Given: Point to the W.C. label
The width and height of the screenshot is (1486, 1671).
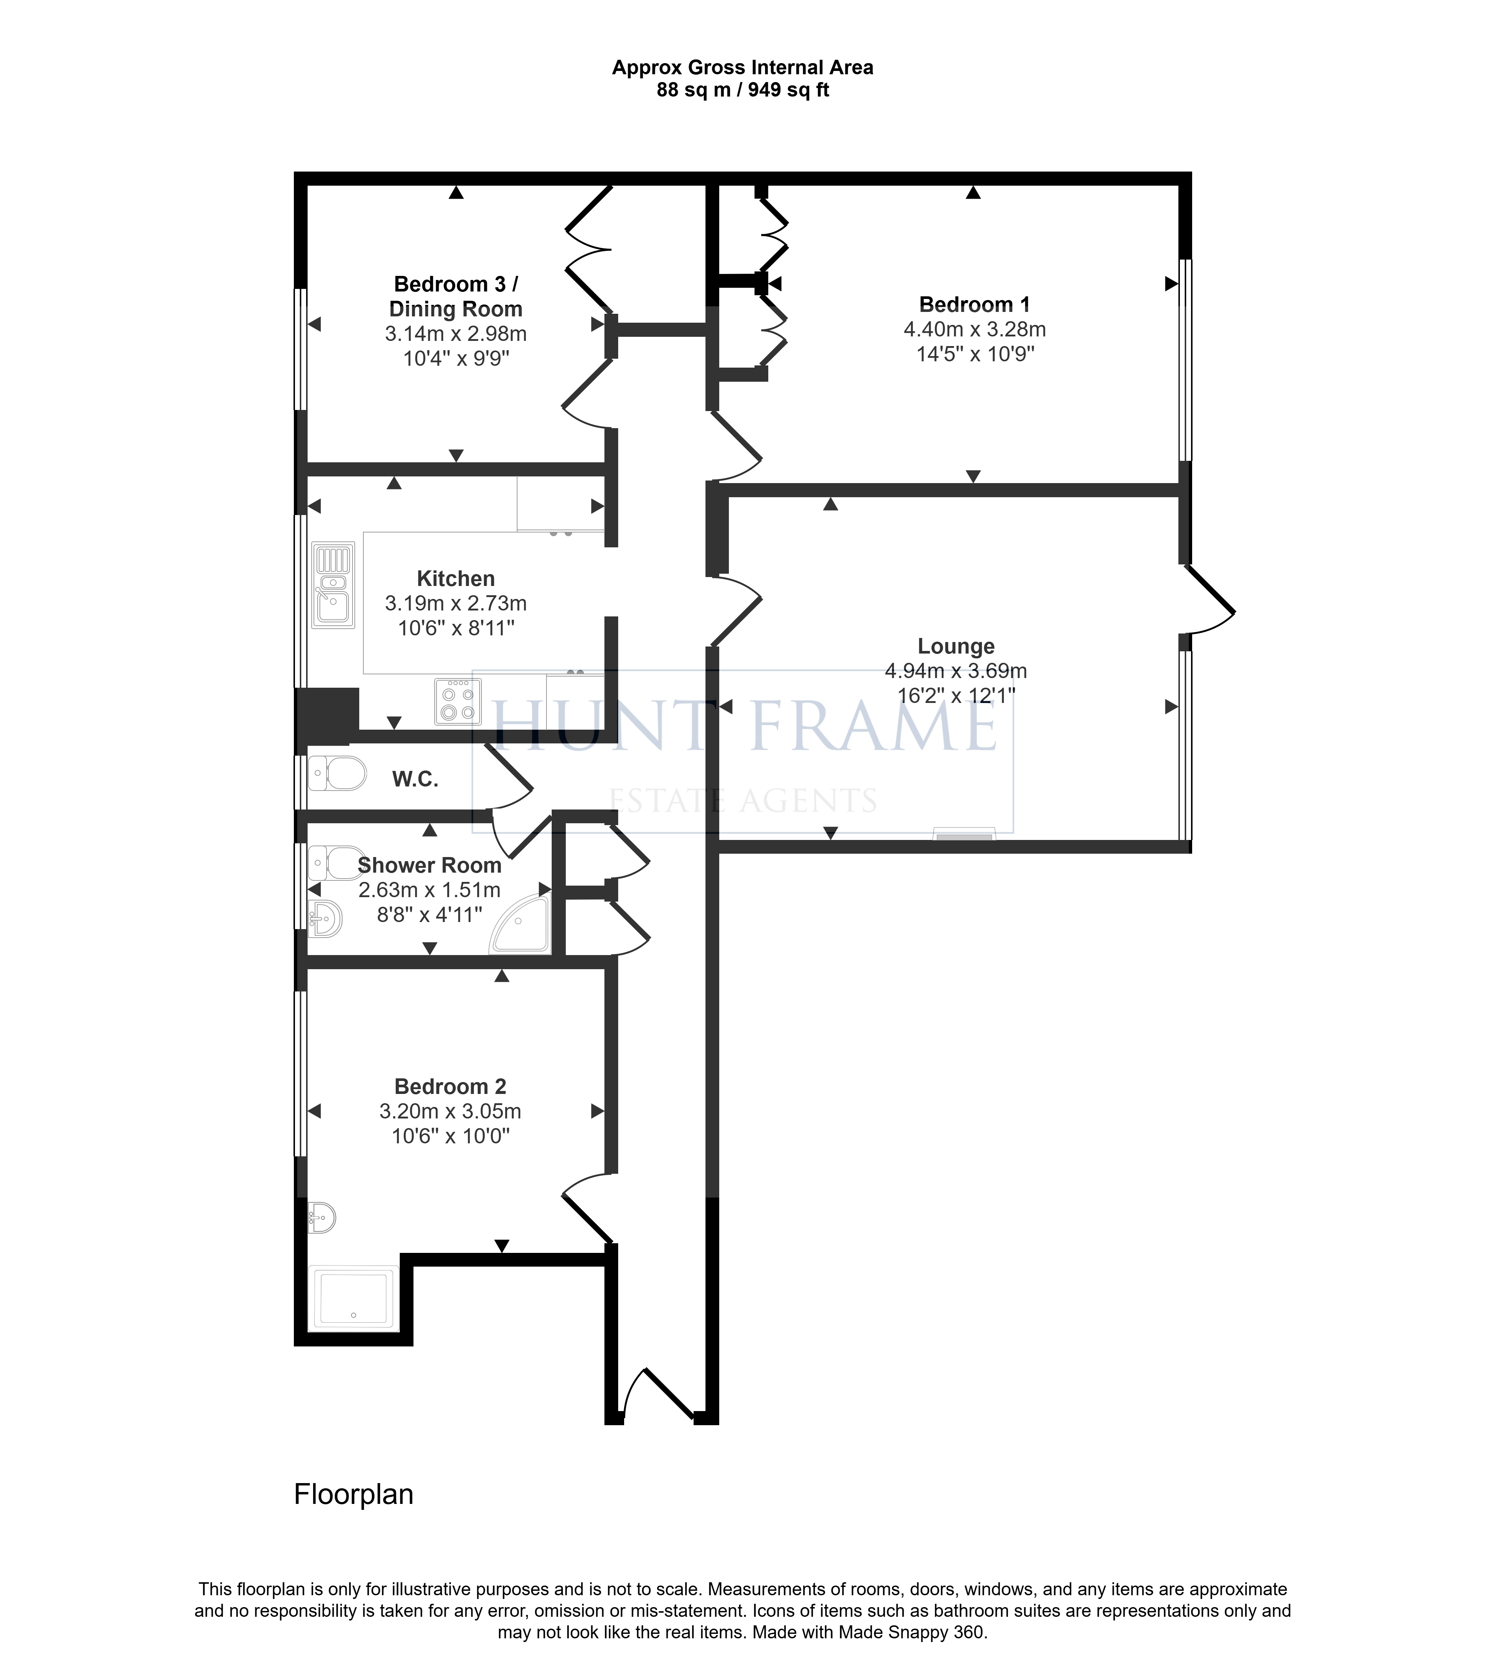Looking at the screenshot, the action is pos(415,779).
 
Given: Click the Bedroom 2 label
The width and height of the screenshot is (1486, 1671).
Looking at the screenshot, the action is pos(451,1087).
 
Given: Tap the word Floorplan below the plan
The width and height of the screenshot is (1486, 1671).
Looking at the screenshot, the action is pos(353,1494).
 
